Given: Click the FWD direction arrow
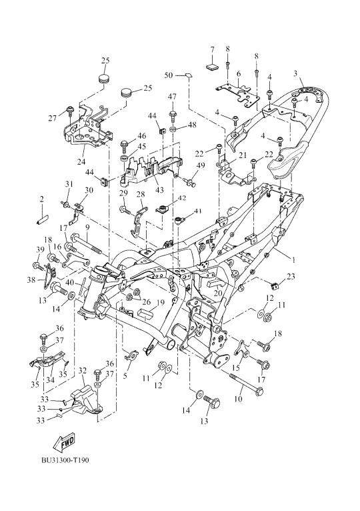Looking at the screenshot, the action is (x=64, y=442).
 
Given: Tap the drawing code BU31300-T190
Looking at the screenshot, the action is (x=65, y=460).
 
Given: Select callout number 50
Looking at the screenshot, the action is (x=169, y=75).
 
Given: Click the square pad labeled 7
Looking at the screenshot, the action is (x=212, y=67).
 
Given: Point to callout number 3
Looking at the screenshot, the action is (x=295, y=73).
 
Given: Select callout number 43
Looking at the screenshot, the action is (x=160, y=189).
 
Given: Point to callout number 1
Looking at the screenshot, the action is (x=293, y=260).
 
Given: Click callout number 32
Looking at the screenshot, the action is (x=83, y=371).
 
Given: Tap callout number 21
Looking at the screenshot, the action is (x=242, y=155).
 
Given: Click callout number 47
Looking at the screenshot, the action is (x=173, y=97).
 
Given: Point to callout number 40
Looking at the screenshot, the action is (x=69, y=283).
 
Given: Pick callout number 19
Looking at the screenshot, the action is (x=160, y=303).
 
